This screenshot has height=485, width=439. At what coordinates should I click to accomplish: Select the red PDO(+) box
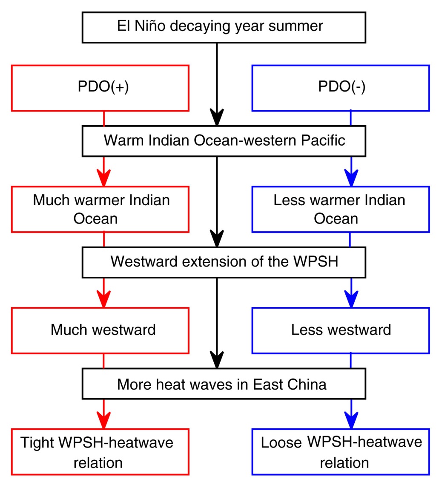[100, 88]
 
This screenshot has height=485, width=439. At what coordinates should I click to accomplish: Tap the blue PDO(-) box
[341, 88]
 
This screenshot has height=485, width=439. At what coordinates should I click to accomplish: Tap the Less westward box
[341, 330]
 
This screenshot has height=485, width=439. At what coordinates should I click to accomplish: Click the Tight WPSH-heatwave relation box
[100, 452]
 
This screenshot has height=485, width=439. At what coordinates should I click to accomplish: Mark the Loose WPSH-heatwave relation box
[341, 452]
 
